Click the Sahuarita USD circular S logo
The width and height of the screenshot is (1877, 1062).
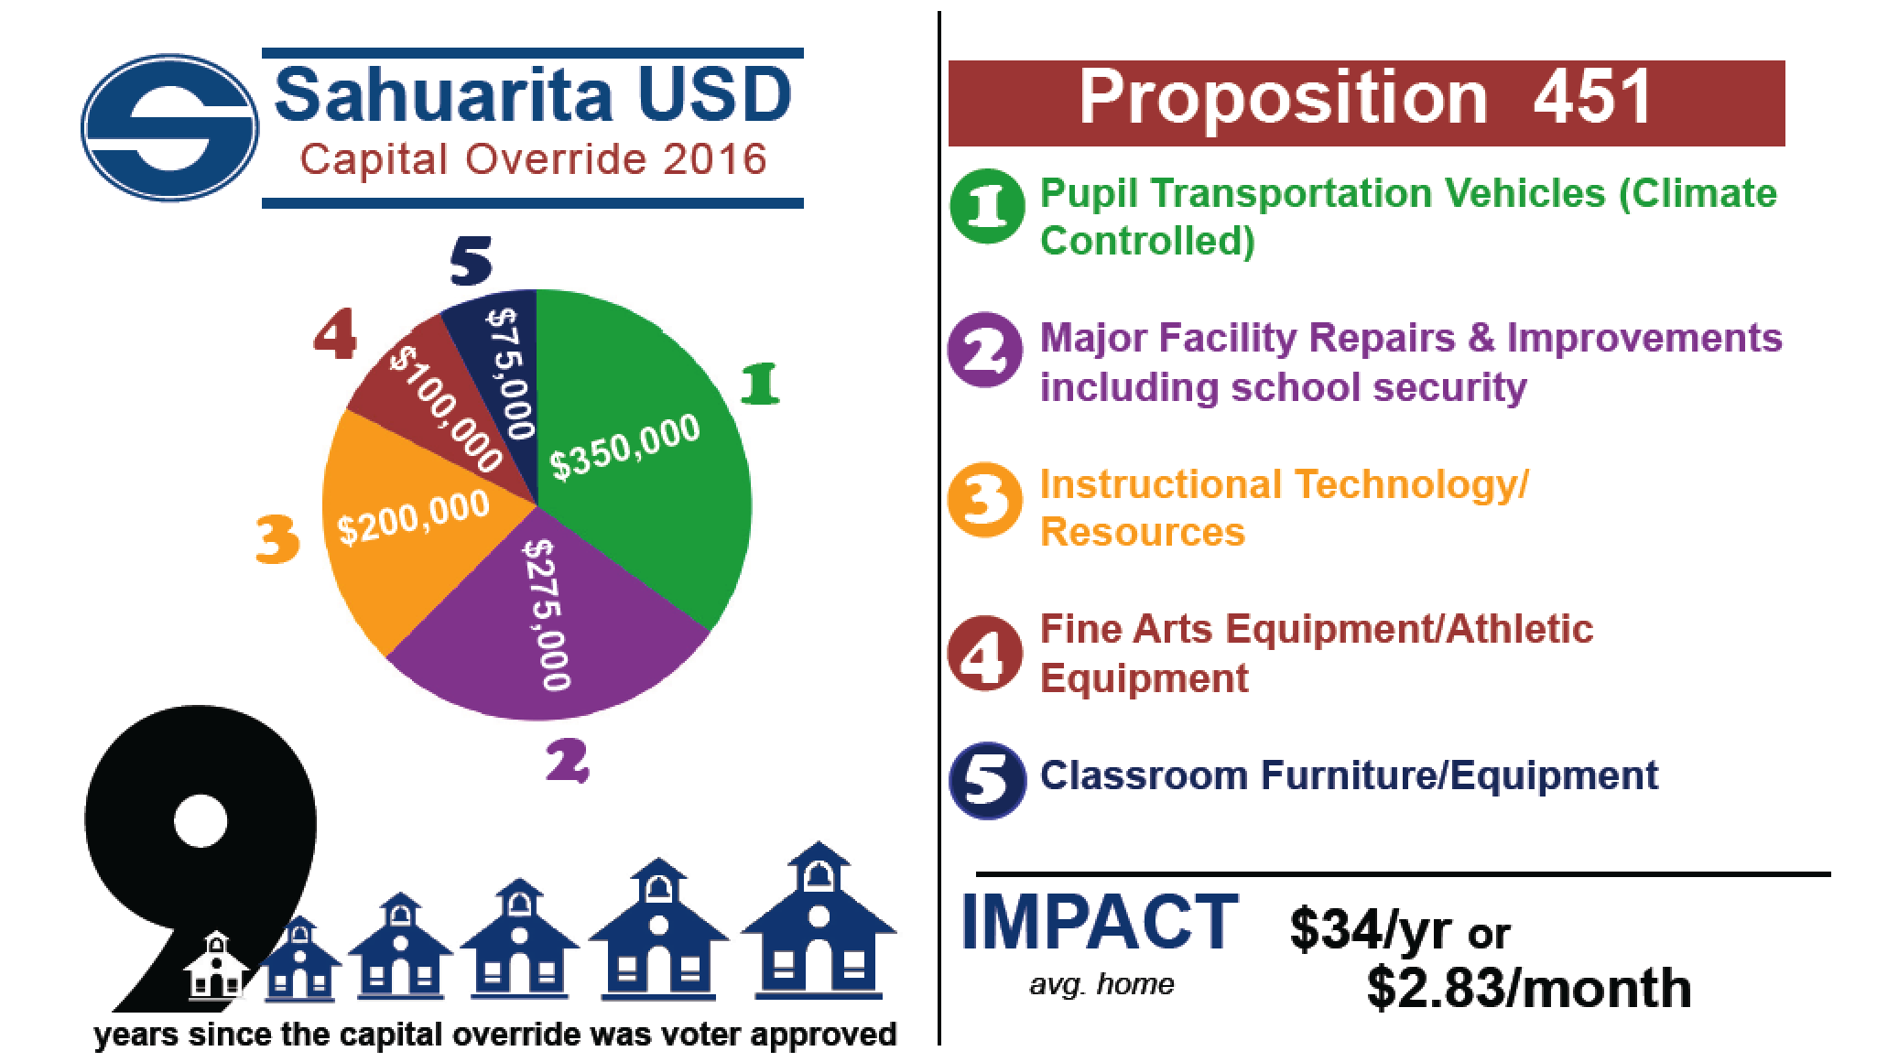pyautogui.click(x=170, y=128)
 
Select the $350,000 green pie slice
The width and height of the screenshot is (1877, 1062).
pyautogui.click(x=641, y=458)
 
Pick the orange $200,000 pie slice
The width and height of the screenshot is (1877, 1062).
pyautogui.click(x=403, y=531)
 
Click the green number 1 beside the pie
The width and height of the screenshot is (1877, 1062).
pyautogui.click(x=760, y=385)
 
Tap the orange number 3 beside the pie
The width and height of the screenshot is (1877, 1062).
pyautogui.click(x=277, y=540)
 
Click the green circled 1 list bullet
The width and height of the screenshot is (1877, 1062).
pyautogui.click(x=986, y=207)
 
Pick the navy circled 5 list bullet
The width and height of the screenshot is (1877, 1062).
pyautogui.click(x=986, y=780)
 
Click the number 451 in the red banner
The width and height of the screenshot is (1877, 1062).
pyautogui.click(x=1592, y=97)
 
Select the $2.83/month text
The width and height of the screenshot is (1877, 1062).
pyautogui.click(x=1529, y=989)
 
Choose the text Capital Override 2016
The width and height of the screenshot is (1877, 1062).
pyautogui.click(x=533, y=160)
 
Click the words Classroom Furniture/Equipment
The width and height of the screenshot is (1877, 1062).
pyautogui.click(x=1349, y=775)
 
